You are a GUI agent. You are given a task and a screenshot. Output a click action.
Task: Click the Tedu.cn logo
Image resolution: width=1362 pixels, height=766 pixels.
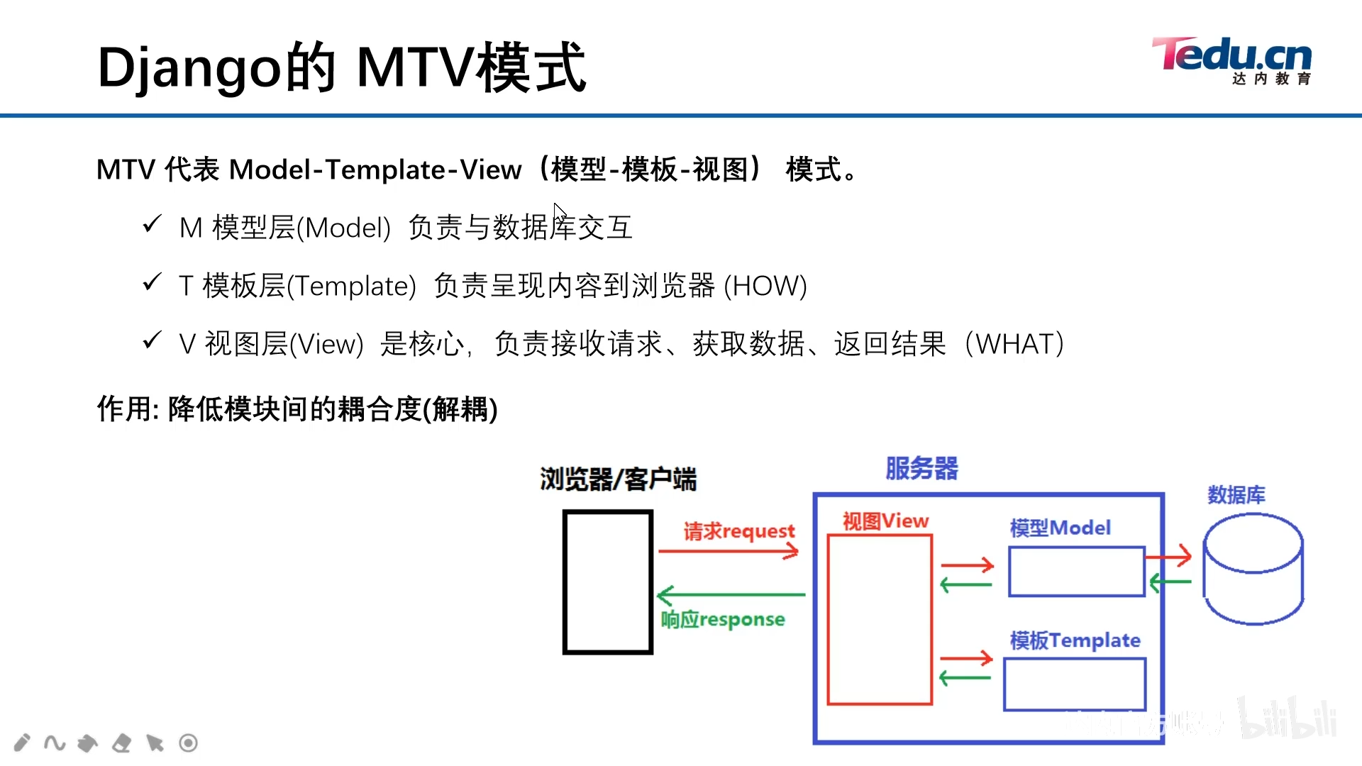coord(1233,60)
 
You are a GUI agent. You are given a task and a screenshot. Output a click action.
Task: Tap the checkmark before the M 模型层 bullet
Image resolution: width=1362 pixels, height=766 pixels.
coord(152,225)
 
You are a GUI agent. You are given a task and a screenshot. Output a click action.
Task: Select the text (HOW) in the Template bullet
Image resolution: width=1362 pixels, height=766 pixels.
coord(765,286)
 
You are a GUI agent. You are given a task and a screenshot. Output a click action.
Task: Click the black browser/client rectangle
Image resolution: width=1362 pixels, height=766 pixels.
coord(607,582)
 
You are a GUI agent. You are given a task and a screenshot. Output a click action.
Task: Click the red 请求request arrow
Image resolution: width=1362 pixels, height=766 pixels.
coord(729,550)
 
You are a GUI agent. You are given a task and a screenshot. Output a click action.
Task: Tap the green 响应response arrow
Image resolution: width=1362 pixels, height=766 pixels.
coord(731,594)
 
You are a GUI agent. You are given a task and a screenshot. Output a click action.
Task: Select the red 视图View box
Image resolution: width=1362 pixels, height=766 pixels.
coord(880,619)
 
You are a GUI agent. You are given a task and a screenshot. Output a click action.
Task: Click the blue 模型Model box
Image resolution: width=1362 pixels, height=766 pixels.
coord(1076,571)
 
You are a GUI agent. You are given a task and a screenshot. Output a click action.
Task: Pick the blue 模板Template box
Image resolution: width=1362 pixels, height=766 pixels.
coord(1074,684)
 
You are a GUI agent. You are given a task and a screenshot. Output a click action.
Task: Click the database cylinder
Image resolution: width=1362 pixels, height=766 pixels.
coord(1253,570)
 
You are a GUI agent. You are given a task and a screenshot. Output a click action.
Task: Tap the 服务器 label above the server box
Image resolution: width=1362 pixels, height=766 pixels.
coord(921,468)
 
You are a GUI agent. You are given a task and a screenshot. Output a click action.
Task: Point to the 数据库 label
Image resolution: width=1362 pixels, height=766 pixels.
coord(1236,494)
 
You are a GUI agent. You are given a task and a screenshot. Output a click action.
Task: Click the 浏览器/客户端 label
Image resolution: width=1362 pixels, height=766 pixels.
coord(618,479)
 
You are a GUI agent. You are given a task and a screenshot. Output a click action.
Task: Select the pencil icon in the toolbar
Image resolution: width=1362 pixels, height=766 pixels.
coord(22,743)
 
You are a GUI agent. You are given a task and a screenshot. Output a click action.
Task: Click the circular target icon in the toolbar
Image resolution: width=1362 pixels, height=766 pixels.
coord(188,743)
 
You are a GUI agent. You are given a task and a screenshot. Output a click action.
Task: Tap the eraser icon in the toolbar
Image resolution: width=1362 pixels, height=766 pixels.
coord(121,743)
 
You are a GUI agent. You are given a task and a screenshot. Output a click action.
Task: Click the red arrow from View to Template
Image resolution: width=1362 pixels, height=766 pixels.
coord(965,658)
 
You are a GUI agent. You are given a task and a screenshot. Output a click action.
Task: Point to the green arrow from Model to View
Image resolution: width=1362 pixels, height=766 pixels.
coord(965,584)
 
